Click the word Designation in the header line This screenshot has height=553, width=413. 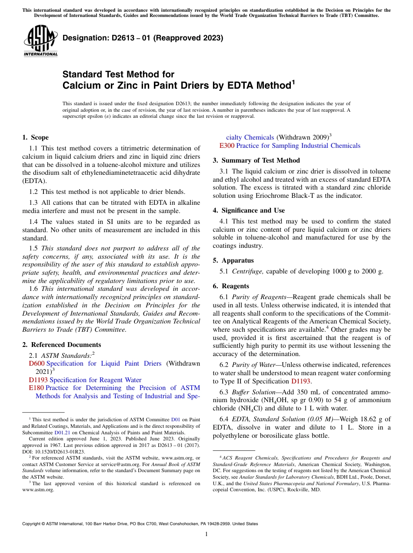[x=84, y=38]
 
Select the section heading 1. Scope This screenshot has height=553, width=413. [x=35, y=137]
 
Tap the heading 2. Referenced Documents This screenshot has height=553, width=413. [x=55, y=345]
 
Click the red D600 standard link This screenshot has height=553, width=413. [x=37, y=363]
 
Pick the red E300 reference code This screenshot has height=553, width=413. [x=227, y=146]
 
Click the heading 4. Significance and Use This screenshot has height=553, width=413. [x=249, y=210]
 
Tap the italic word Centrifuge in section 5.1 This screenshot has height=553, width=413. [x=248, y=271]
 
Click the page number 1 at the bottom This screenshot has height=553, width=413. [x=206, y=534]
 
